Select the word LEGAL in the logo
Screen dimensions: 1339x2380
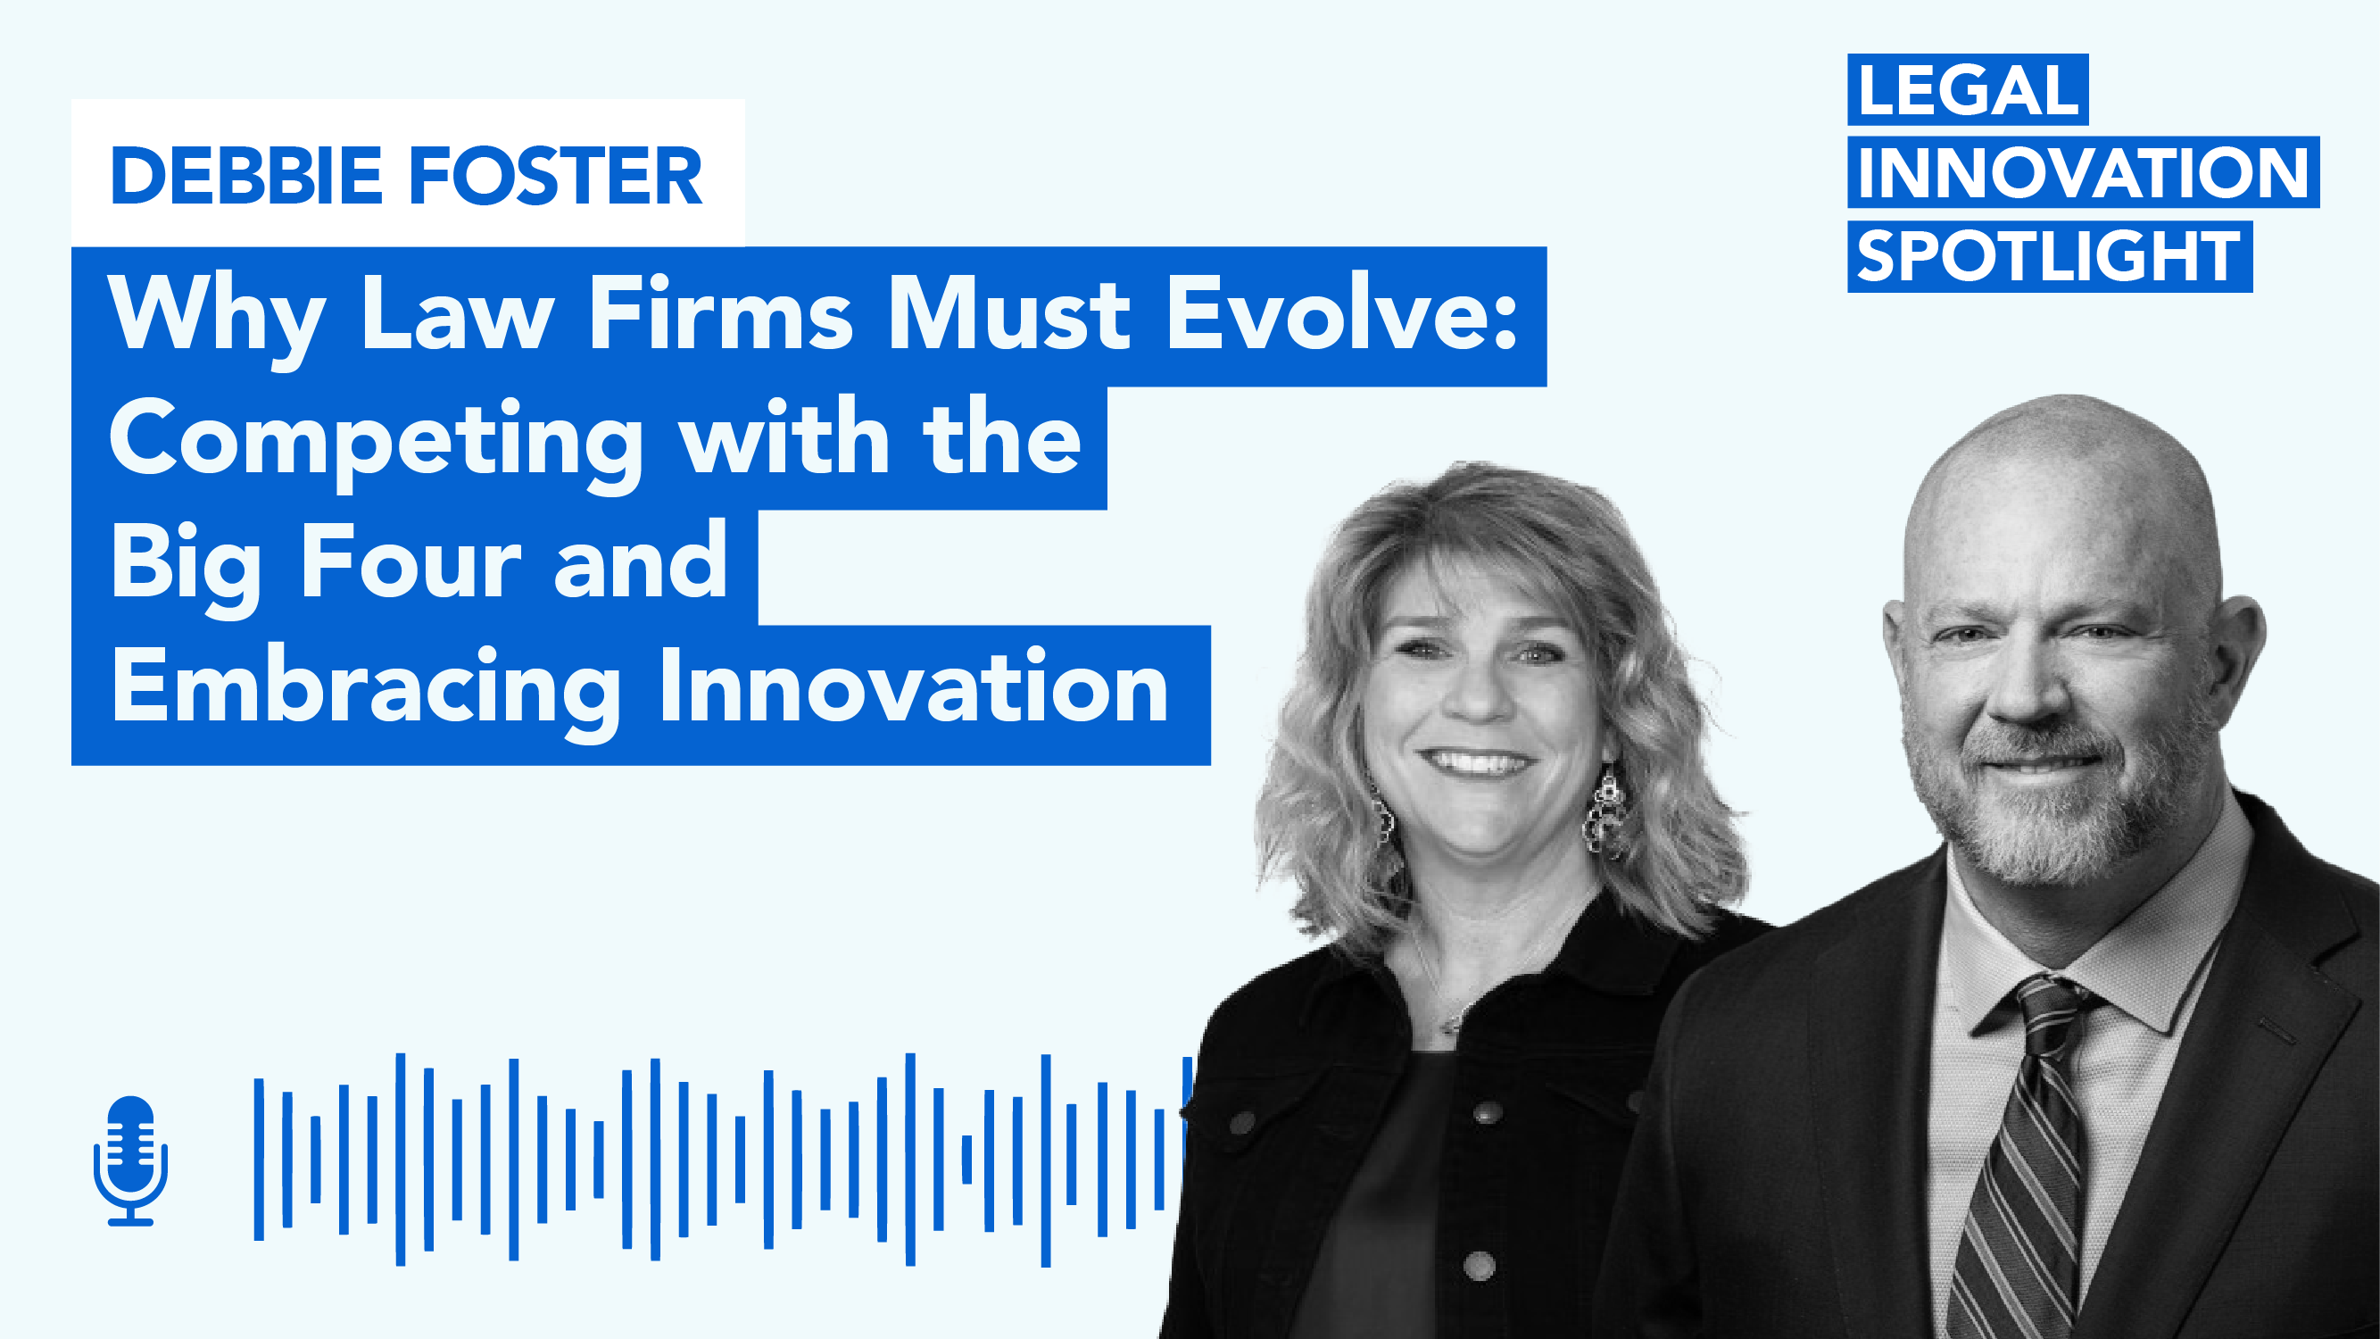tap(1967, 90)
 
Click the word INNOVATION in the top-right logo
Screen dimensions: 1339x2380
tap(2083, 173)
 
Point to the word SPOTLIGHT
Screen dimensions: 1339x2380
tap(2048, 256)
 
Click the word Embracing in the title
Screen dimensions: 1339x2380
tap(366, 689)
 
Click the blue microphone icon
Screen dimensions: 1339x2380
tap(130, 1160)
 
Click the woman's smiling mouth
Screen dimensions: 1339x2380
tap(1475, 763)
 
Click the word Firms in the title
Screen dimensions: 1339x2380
tap(720, 314)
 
